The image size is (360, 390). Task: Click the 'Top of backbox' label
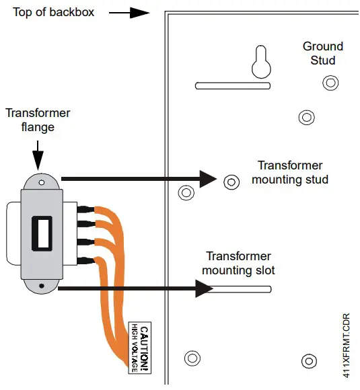pyautogui.click(x=54, y=13)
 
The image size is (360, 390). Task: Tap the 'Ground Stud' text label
pyautogui.click(x=322, y=53)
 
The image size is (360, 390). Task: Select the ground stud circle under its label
pyautogui.click(x=330, y=83)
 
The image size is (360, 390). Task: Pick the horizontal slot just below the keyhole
pyautogui.click(x=233, y=86)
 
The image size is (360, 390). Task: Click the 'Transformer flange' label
pyautogui.click(x=38, y=120)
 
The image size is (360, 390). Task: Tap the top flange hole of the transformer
pyautogui.click(x=42, y=182)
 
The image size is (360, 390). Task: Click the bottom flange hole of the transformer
pyautogui.click(x=42, y=286)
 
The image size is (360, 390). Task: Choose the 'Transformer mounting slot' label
pyautogui.click(x=238, y=264)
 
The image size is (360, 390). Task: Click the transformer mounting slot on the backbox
pyautogui.click(x=242, y=289)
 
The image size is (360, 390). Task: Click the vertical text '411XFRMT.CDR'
pyautogui.click(x=346, y=344)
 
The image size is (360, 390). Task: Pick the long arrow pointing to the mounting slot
pyautogui.click(x=135, y=289)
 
